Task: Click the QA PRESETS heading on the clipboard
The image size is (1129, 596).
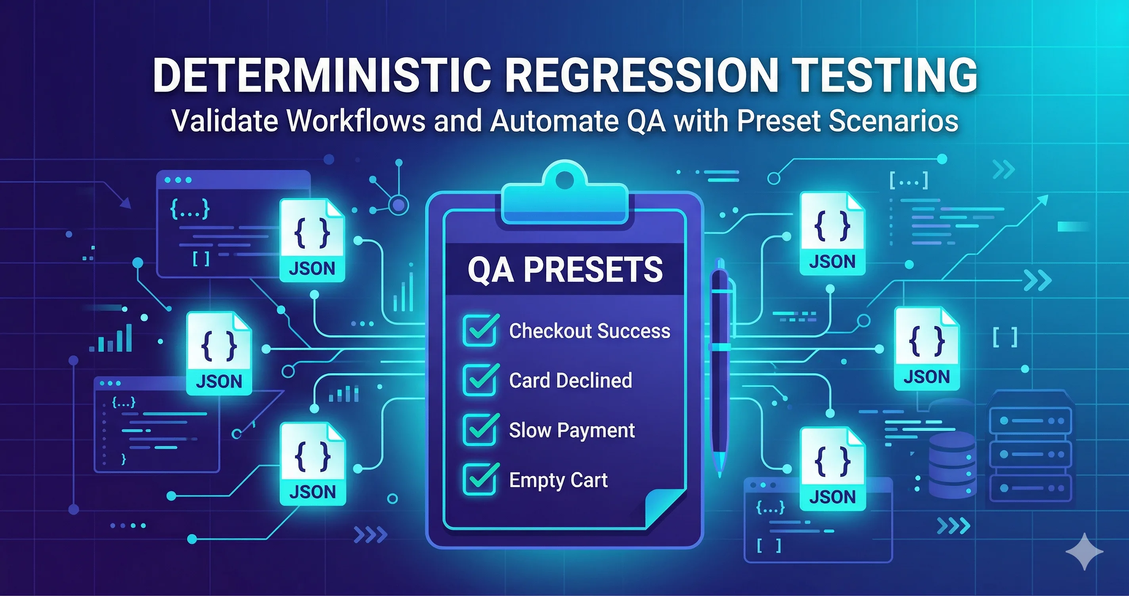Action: click(565, 269)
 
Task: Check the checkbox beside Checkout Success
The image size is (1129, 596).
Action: click(480, 331)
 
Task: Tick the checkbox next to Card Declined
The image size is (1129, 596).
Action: click(480, 380)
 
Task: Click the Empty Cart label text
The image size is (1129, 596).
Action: click(558, 480)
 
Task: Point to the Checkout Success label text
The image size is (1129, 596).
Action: click(589, 331)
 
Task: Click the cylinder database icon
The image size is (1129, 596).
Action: click(952, 464)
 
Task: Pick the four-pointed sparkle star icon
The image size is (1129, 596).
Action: click(1084, 551)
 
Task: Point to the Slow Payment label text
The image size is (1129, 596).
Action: click(572, 430)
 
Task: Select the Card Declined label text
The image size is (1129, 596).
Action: click(570, 380)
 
